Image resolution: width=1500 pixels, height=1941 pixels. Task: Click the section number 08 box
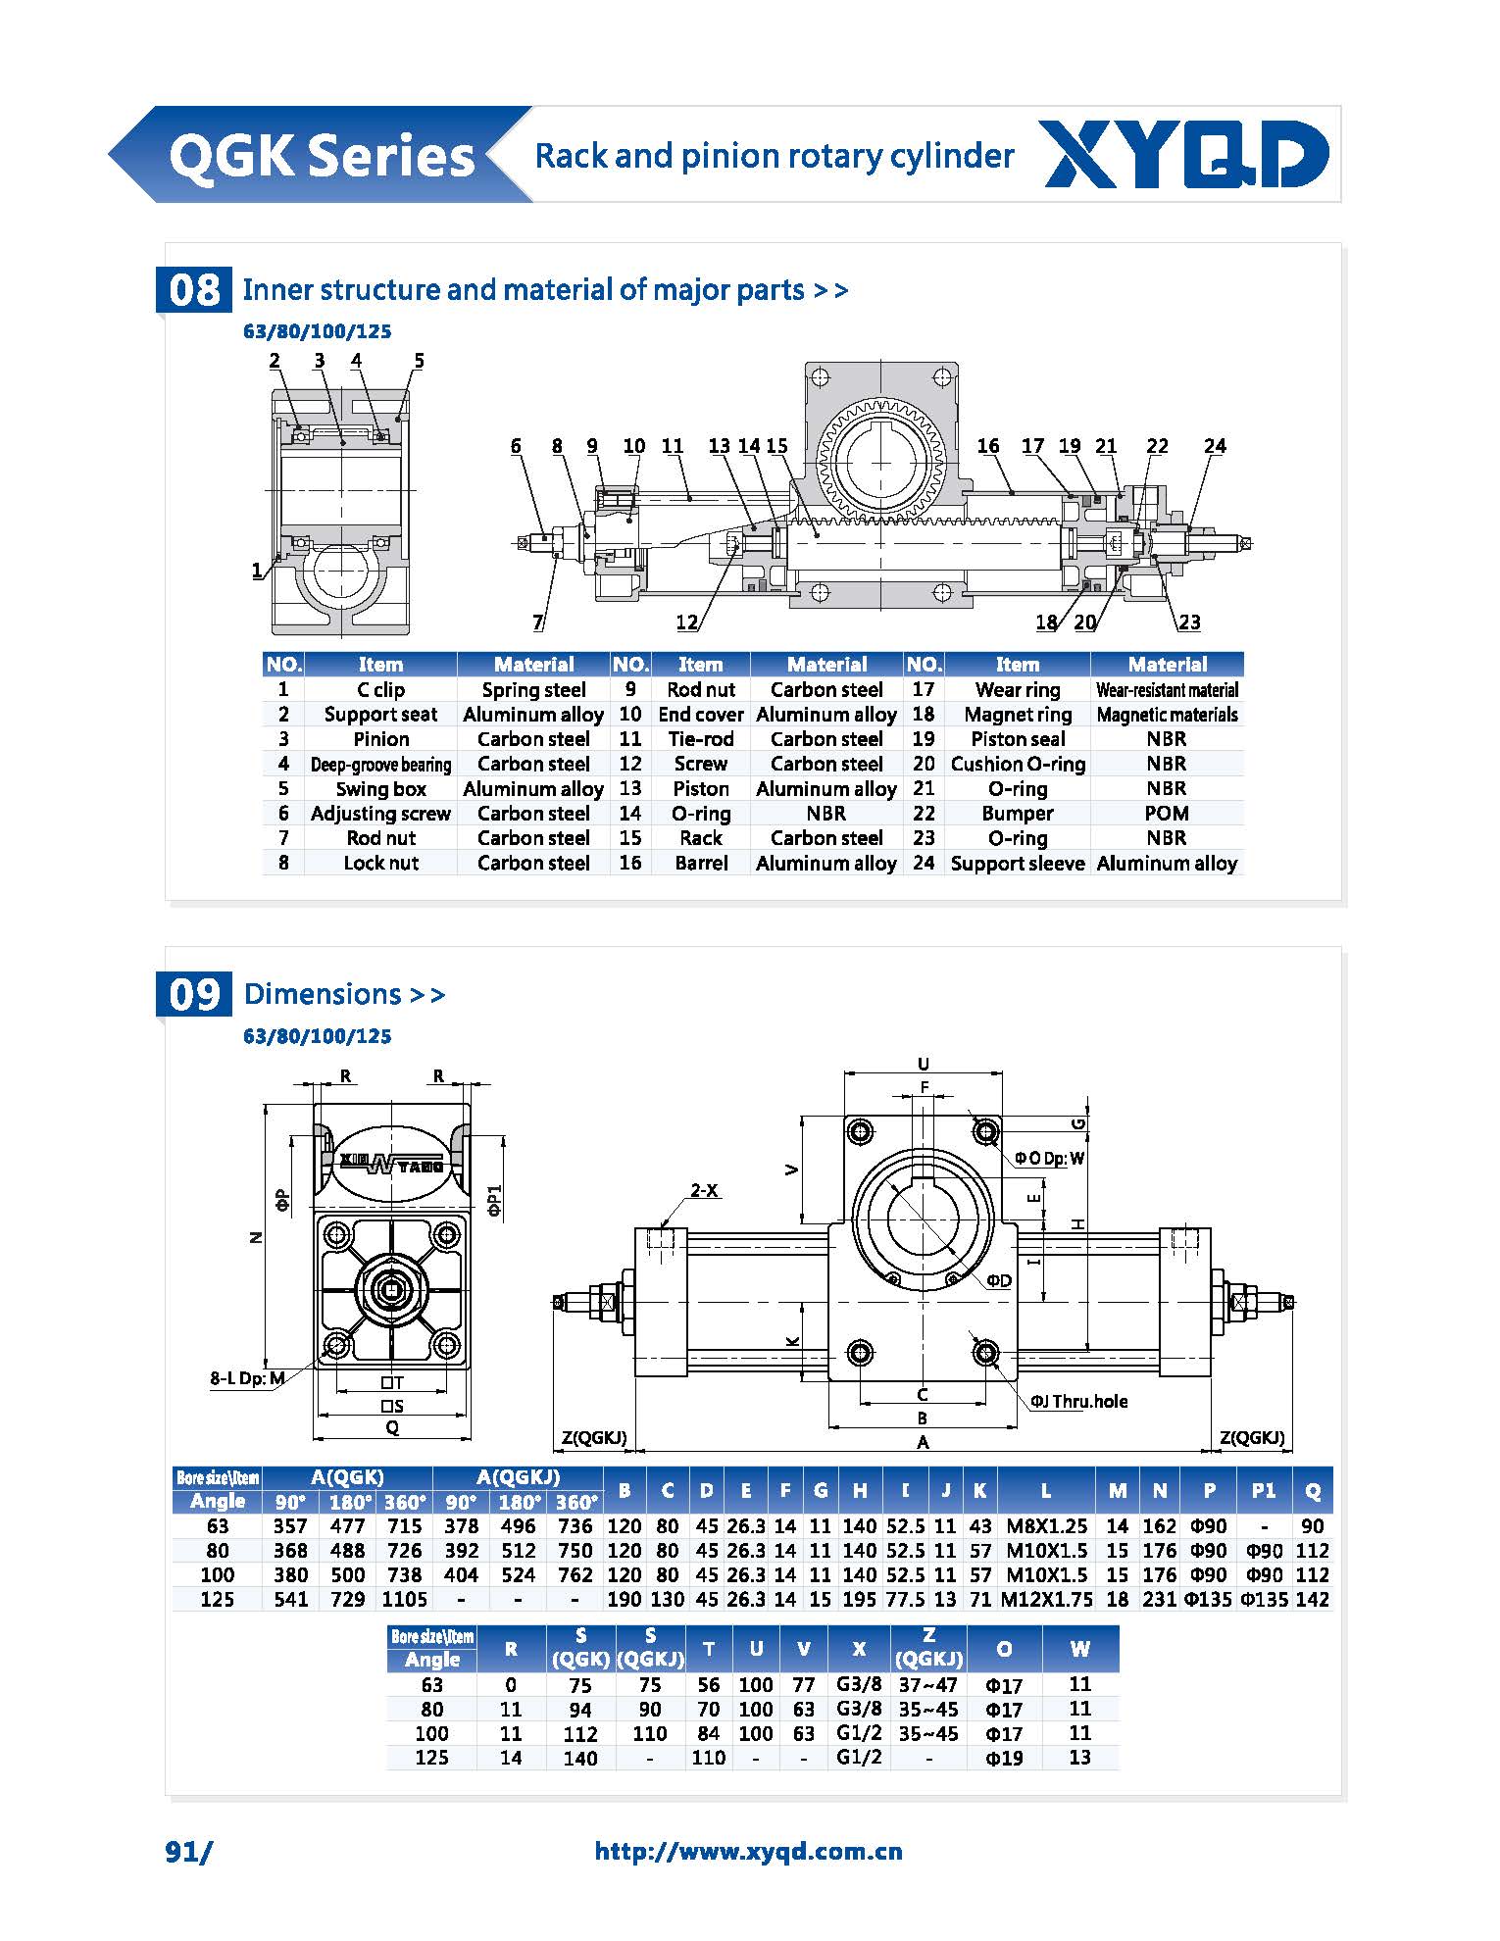coord(194,290)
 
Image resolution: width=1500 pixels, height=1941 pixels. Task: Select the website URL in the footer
coord(748,1851)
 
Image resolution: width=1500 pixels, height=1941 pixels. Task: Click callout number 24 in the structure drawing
coord(1215,446)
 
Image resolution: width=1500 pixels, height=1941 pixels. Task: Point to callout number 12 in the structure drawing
coord(686,622)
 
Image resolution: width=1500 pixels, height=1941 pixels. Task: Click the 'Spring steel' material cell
coord(533,690)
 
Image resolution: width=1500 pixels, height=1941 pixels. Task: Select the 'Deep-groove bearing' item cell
coord(380,765)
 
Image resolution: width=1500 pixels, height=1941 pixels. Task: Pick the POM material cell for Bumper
coord(1166,814)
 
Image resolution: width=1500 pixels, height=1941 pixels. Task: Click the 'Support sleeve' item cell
coord(1017,864)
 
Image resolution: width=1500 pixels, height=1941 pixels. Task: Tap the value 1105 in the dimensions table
coord(404,1600)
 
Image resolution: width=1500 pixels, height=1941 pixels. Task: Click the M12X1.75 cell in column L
coord(1045,1600)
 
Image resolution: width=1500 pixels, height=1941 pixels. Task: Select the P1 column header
coord(1263,1491)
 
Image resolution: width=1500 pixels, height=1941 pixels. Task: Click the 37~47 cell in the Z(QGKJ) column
coord(927,1685)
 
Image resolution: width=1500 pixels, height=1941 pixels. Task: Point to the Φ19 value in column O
coord(1003,1759)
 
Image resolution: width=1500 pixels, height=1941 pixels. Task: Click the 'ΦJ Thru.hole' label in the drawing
coord(1078,1402)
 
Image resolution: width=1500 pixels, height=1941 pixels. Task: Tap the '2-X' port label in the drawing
coord(704,1191)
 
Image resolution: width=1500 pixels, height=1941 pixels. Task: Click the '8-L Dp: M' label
coord(247,1378)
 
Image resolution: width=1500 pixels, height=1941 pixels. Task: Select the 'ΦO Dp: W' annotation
coord(1049,1158)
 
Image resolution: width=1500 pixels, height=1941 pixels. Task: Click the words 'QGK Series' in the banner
coord(322,157)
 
